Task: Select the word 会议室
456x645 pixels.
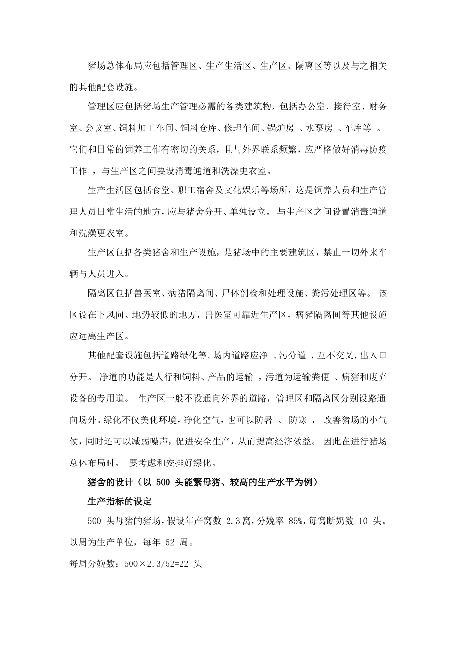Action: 99,128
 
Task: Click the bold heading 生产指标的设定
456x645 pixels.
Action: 120,502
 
